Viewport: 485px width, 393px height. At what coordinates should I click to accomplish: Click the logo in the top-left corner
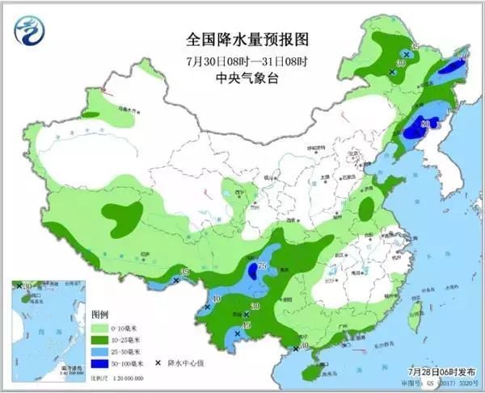tap(32, 31)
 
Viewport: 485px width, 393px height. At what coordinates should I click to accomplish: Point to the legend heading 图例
tap(100, 314)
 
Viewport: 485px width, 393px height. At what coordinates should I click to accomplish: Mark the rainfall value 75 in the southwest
tap(262, 267)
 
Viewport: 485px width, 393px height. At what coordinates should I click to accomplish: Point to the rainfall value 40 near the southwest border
tap(216, 299)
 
